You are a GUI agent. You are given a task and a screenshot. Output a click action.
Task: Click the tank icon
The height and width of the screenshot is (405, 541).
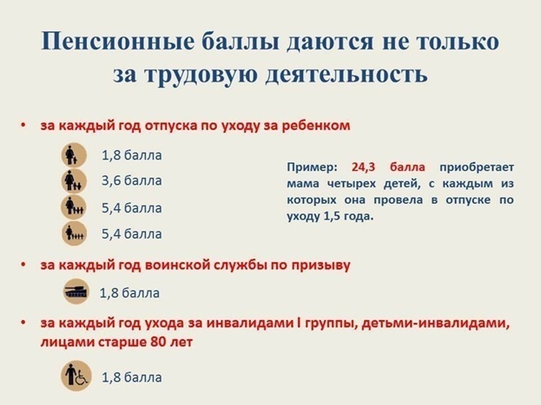click(76, 291)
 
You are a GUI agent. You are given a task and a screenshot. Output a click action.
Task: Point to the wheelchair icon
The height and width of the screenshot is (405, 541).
click(76, 376)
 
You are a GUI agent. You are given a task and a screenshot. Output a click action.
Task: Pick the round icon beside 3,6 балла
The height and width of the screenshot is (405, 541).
click(73, 181)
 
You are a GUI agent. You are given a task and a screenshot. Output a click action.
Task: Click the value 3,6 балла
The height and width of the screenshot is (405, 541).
click(132, 181)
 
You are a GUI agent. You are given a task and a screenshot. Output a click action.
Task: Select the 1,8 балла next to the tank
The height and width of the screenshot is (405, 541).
click(130, 292)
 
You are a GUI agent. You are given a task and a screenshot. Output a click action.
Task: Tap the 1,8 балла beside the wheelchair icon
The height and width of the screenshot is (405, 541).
click(132, 377)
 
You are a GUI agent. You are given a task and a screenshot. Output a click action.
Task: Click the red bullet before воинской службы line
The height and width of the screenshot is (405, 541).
click(24, 265)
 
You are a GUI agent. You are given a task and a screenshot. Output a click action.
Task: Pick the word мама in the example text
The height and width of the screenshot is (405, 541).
click(300, 183)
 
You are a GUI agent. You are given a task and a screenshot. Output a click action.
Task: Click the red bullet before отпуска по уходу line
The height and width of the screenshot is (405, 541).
click(24, 125)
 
